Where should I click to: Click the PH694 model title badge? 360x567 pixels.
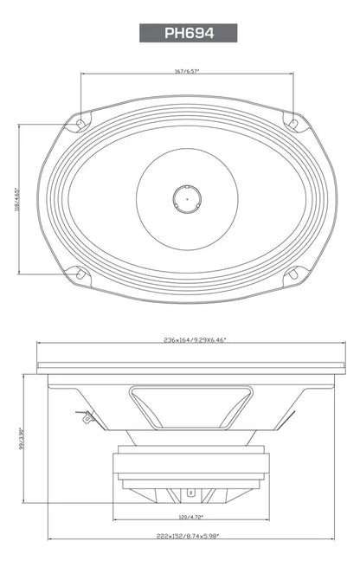[x=188, y=33]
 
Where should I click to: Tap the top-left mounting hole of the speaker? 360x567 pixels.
[x=80, y=124]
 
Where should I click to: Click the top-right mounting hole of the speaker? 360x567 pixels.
[x=292, y=123]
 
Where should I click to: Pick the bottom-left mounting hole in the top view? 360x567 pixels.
[x=80, y=275]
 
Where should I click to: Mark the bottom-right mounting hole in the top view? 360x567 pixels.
[x=292, y=275]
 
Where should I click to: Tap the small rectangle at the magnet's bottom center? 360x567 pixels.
[x=190, y=493]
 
